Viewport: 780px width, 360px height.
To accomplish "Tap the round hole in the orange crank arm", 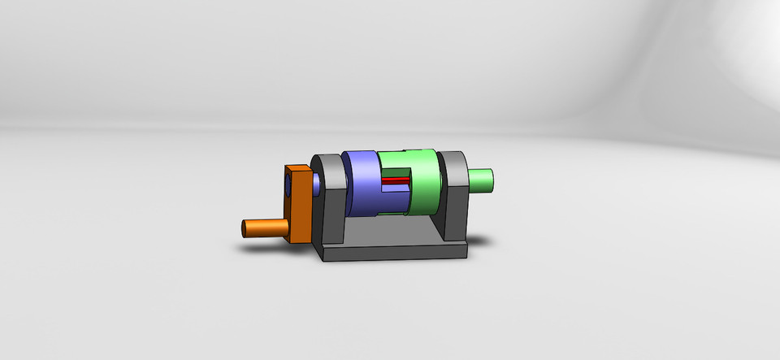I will pos(288,188).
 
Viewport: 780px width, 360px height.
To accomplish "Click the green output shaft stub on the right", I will pos(480,180).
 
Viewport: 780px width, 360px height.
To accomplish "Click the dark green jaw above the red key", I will pos(397,173).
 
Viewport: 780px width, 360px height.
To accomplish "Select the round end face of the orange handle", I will pos(245,228).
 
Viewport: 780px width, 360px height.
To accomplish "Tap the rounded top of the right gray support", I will pos(453,158).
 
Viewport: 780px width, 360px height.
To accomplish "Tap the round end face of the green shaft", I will pos(492,180).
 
